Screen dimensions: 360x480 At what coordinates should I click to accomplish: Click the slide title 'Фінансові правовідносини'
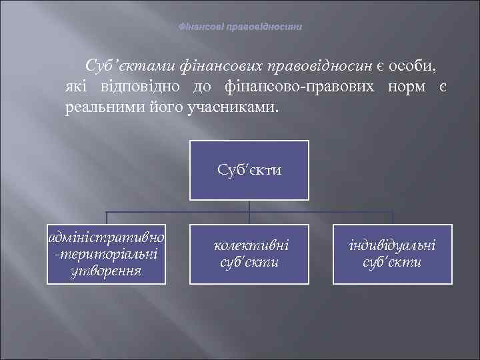[240, 27]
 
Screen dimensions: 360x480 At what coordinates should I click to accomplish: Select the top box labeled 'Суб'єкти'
[249, 170]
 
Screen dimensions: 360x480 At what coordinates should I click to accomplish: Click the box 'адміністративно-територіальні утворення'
[107, 254]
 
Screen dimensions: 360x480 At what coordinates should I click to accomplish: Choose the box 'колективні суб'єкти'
[249, 254]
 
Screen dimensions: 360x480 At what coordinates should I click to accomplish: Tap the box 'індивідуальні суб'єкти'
[392, 254]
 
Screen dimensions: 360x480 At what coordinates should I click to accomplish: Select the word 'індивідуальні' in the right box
[392, 245]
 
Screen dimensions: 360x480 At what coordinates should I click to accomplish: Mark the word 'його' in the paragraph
[161, 107]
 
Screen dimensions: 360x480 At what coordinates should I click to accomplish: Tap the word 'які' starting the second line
[77, 87]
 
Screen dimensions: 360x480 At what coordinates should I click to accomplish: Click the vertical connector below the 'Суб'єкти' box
[249, 206]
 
